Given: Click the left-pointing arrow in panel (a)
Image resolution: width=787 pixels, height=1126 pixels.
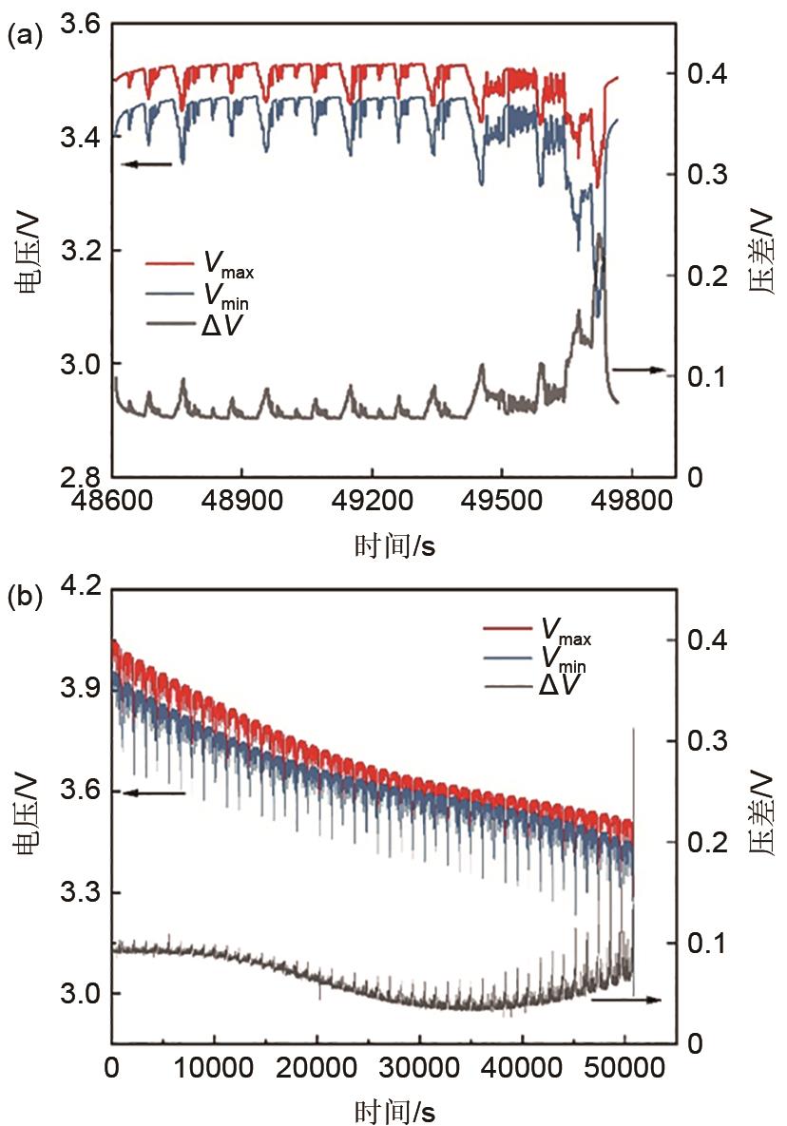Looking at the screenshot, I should [147, 164].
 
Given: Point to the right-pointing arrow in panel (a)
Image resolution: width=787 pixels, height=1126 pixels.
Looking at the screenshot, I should [638, 369].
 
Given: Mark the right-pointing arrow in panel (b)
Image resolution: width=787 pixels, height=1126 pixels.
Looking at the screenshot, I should [625, 1000].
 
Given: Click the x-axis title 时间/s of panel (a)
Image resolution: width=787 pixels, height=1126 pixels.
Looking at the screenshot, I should [393, 545].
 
